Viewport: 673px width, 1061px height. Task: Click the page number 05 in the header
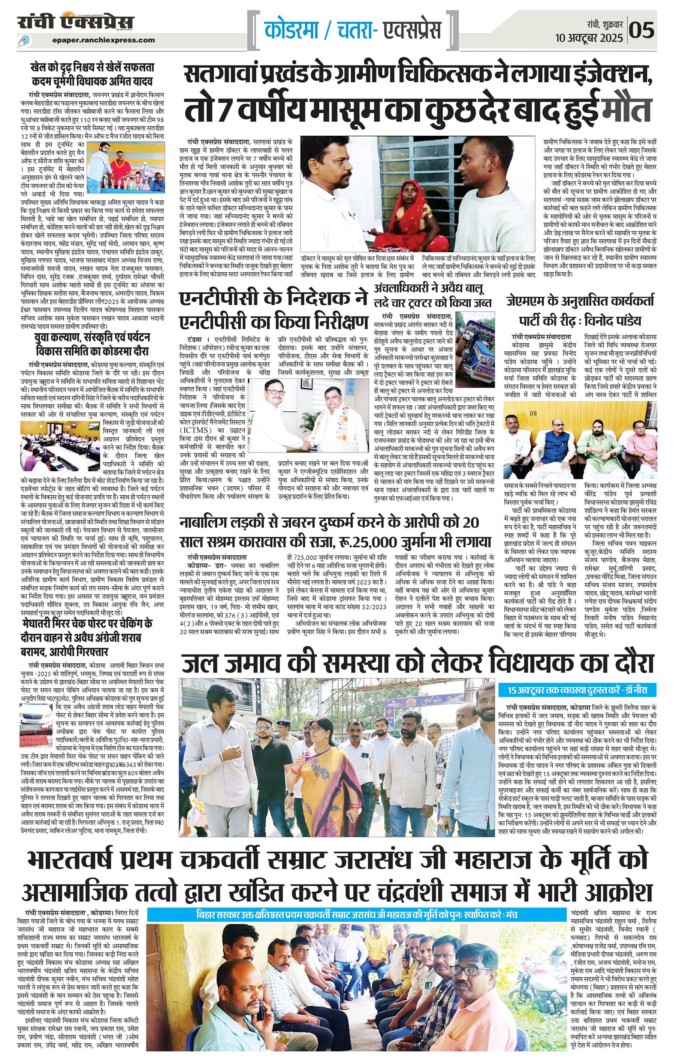[642, 30]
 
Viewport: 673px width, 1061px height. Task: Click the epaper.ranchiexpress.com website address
[103, 40]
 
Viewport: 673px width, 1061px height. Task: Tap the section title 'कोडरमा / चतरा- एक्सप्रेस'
[353, 30]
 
